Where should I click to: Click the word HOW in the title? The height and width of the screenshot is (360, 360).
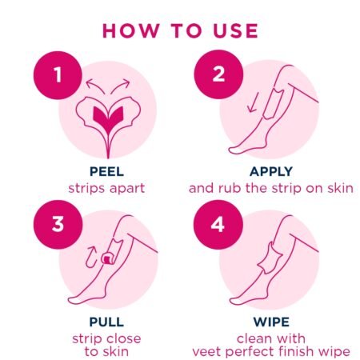130,30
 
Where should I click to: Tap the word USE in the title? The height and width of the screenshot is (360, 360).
236,30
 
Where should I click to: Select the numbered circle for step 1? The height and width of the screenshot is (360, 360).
58,75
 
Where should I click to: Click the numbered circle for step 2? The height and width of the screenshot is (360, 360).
218,74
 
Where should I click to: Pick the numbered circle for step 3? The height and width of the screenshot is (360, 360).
58,224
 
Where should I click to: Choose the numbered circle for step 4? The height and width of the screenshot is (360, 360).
218,224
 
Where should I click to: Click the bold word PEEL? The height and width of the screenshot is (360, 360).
106,171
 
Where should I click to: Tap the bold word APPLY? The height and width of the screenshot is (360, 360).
271,171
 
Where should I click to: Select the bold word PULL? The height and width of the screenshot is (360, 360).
106,322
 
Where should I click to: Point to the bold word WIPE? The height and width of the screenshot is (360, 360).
271,322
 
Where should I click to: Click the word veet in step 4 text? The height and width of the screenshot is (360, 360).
207,351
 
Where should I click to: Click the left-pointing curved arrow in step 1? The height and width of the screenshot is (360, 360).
94,86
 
